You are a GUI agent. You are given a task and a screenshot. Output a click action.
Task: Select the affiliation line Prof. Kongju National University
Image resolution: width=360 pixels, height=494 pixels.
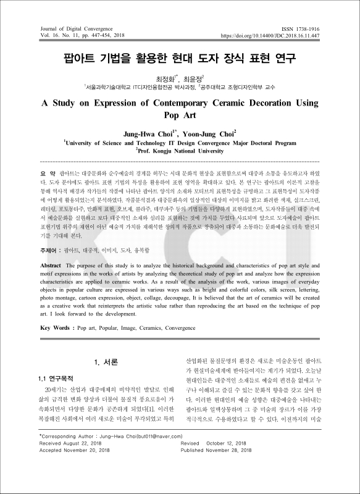pos(180,150)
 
